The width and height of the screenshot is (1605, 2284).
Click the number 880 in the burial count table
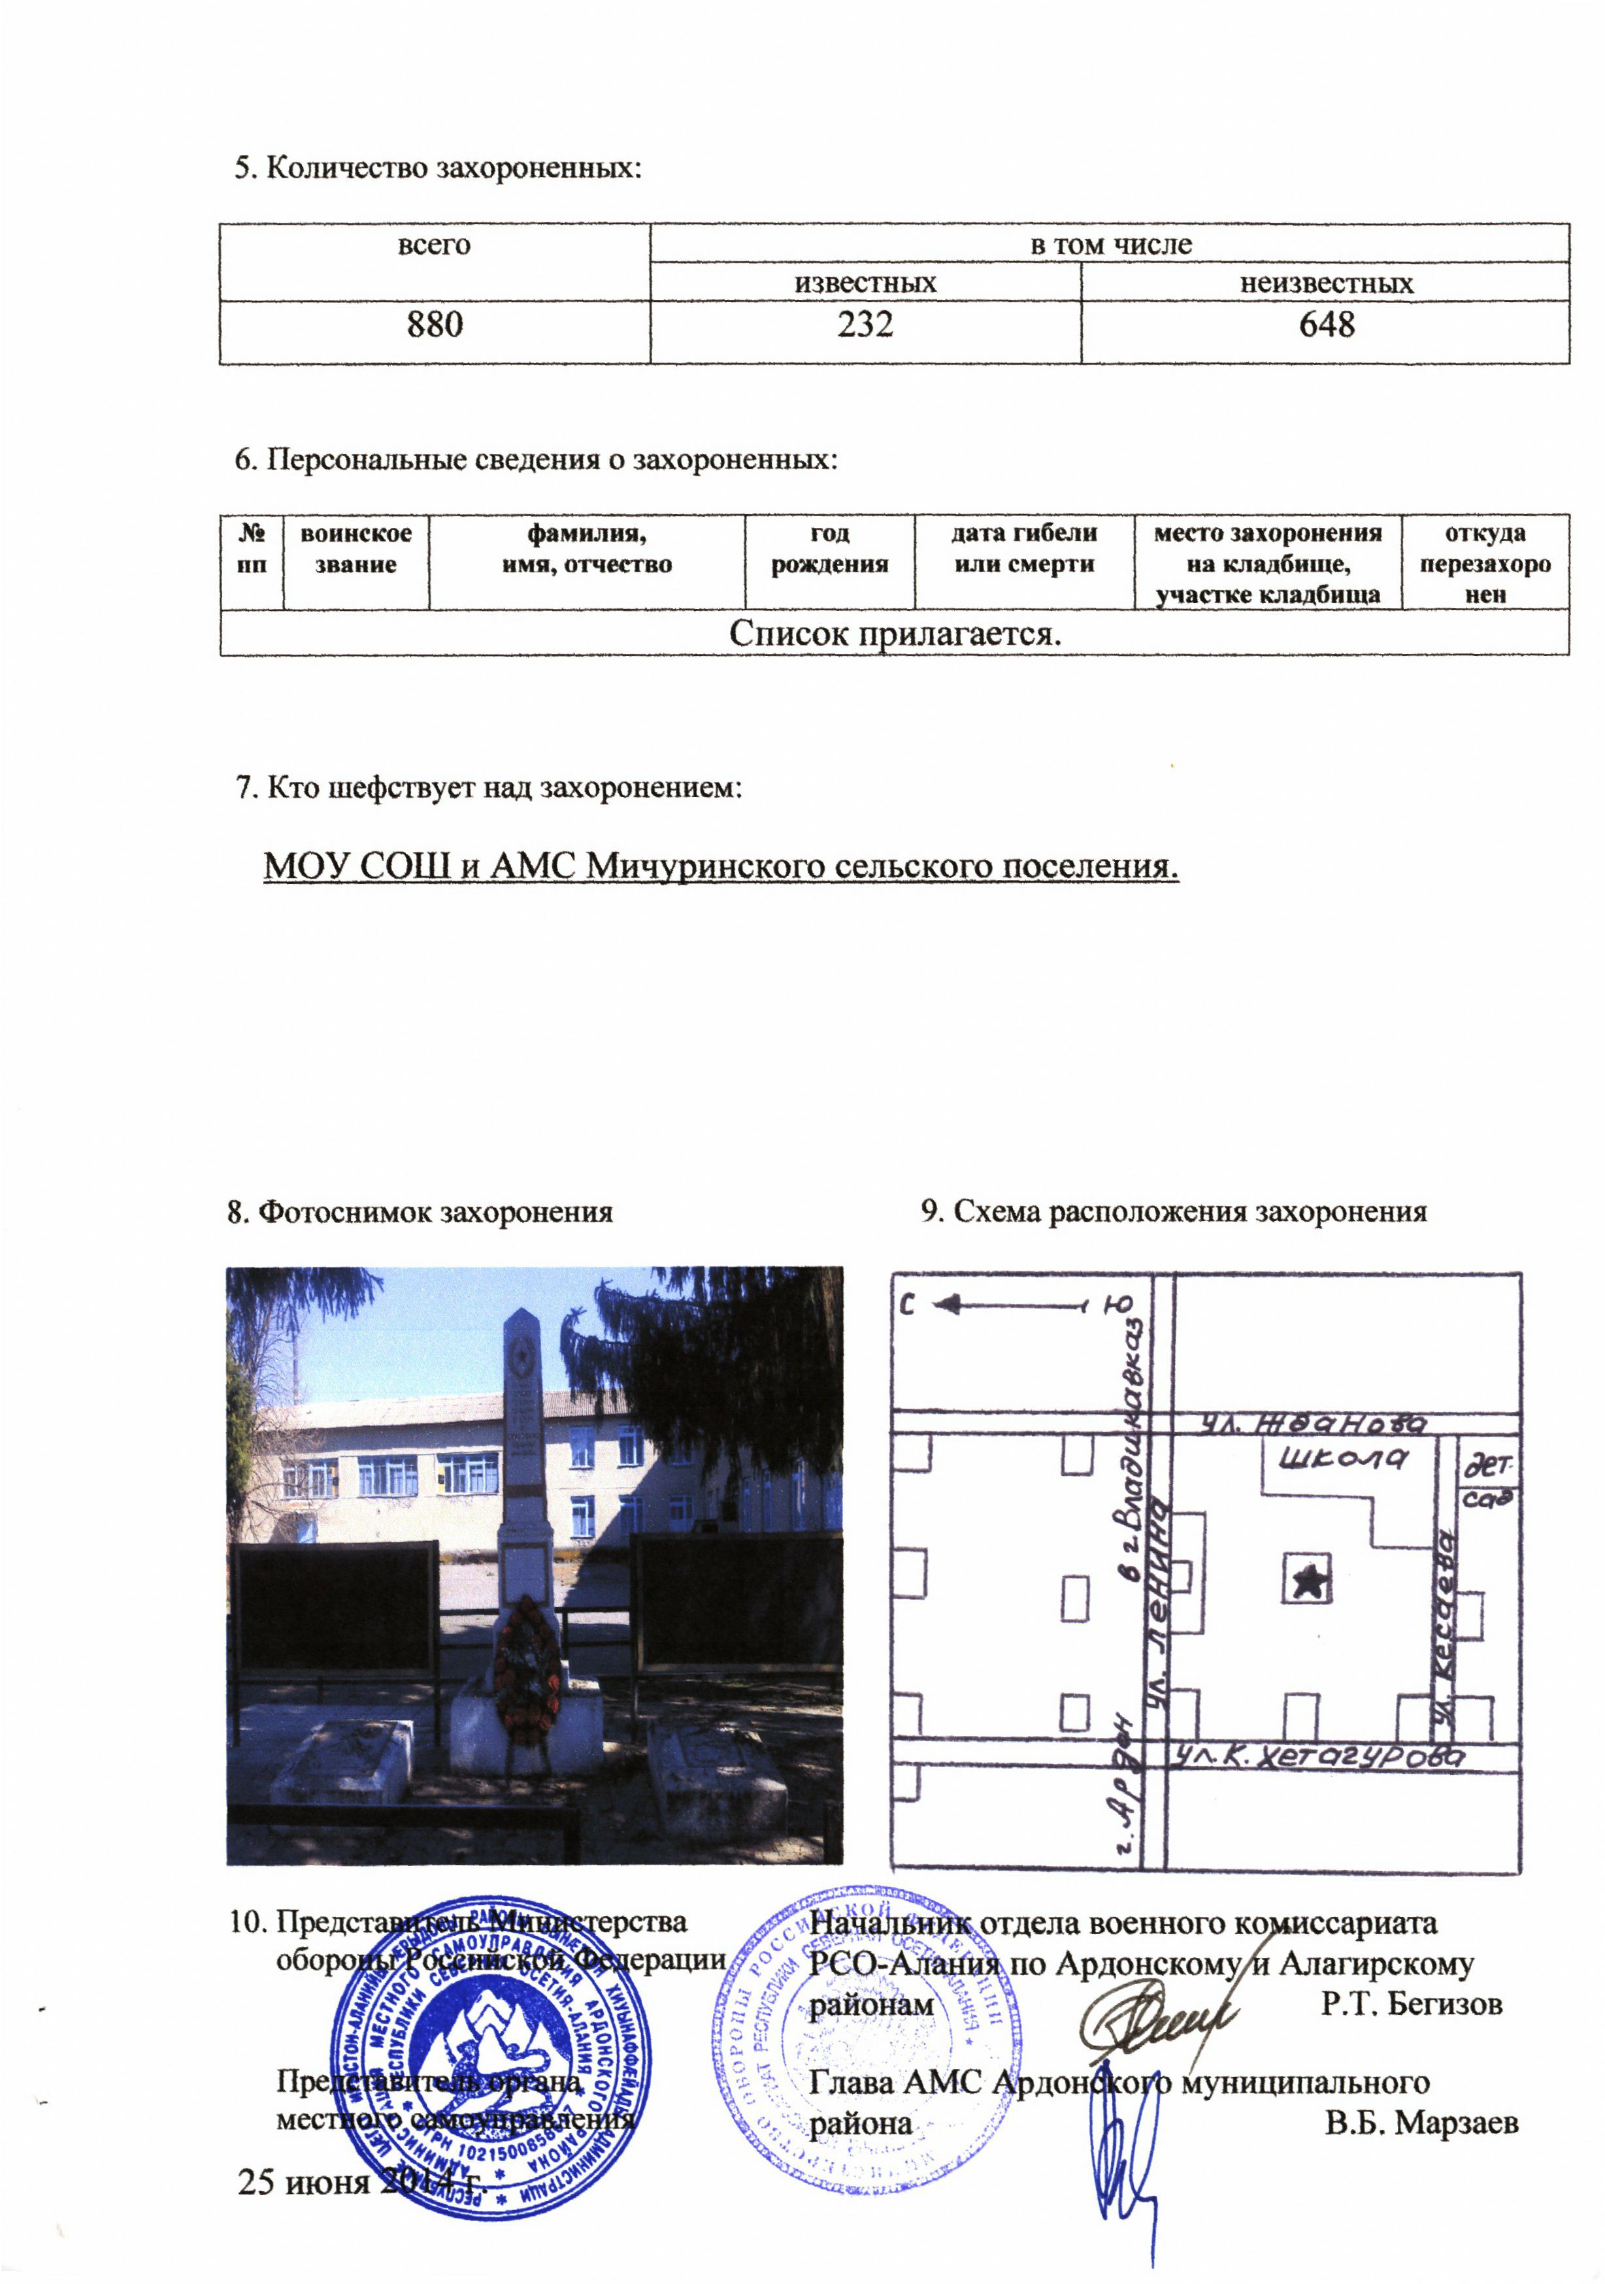click(435, 324)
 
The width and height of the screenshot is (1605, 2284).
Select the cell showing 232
click(865, 324)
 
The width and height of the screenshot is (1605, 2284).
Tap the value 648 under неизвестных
click(1327, 324)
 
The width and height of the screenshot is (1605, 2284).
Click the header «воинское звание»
click(356, 548)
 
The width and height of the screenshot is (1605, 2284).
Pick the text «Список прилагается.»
click(895, 634)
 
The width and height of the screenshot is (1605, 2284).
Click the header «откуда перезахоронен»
click(1485, 563)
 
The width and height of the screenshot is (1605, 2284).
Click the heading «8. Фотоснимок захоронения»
click(420, 1212)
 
